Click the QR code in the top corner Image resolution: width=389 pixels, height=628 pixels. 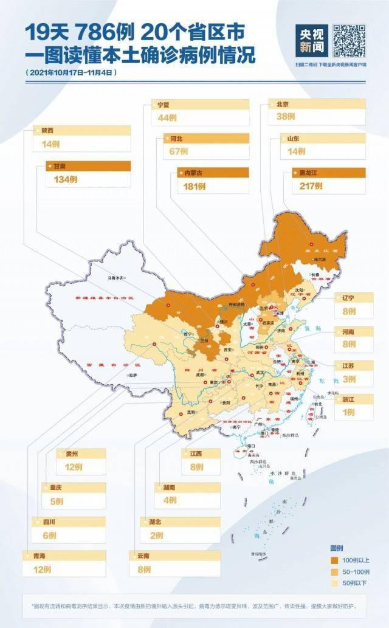349,40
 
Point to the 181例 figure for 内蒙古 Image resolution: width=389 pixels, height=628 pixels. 195,187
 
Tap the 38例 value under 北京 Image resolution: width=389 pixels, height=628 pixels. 286,116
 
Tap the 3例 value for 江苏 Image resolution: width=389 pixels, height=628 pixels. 348,379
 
